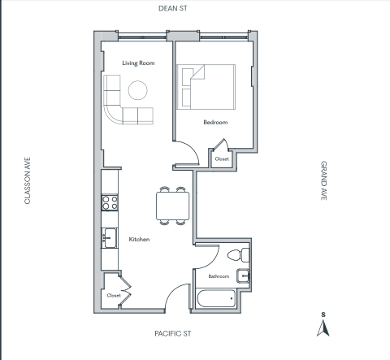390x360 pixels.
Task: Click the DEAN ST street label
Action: coord(173,8)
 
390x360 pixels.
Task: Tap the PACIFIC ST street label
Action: coord(173,333)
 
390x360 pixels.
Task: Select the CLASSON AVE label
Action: coord(28,180)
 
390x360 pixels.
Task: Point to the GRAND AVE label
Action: coord(324,180)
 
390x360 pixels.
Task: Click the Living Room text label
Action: coord(138,63)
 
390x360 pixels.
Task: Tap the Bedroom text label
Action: coord(215,122)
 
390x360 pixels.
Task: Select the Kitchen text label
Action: coord(139,239)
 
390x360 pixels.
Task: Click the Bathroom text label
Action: coord(219,276)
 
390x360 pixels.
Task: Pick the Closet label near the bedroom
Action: coord(222,159)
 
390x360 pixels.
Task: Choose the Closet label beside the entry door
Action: coord(114,296)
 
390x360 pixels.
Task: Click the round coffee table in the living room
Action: coord(138,90)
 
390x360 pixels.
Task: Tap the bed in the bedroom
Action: coord(206,87)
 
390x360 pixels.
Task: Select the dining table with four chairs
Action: coord(172,206)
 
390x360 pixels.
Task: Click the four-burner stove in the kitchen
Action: coord(110,202)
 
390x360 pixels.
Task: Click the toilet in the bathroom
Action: coord(238,255)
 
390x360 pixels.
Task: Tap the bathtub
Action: coord(216,298)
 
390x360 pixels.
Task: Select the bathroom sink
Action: coord(243,276)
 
